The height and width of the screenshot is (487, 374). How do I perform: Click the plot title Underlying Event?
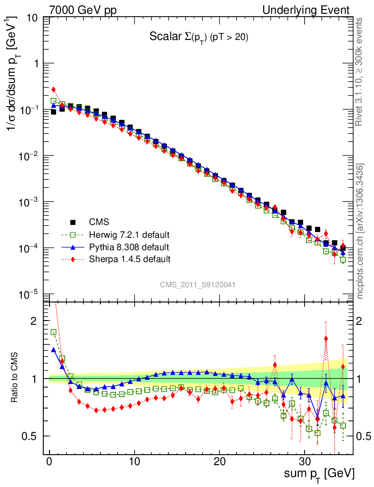(x=315, y=10)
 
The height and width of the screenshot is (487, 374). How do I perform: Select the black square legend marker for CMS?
(x=73, y=222)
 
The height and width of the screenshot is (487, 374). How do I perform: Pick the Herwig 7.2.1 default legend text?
(x=129, y=234)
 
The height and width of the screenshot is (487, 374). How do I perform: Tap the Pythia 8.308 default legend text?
(x=129, y=247)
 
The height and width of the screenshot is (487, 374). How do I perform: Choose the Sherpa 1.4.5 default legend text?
(x=129, y=259)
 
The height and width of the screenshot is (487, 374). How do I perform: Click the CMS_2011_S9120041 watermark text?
(x=197, y=284)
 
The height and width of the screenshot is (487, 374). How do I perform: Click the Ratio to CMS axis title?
(x=15, y=379)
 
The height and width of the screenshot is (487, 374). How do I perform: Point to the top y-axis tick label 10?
(x=33, y=19)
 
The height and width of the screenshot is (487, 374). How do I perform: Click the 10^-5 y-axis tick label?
(x=29, y=295)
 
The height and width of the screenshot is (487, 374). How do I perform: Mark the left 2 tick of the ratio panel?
(x=34, y=321)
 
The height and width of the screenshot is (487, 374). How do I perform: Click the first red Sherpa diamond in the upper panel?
(x=54, y=89)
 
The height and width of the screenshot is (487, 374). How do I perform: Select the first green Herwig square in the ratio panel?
(x=54, y=332)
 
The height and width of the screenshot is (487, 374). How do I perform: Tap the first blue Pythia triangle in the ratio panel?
(x=54, y=350)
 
